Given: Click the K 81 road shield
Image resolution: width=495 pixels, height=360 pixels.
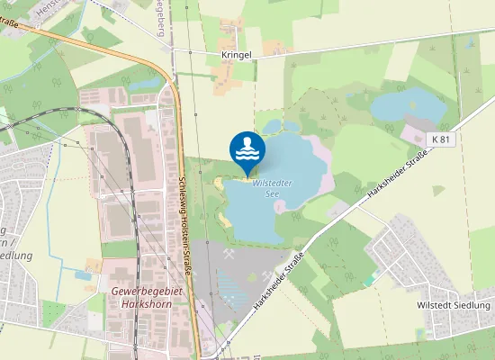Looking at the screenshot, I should coord(439,139).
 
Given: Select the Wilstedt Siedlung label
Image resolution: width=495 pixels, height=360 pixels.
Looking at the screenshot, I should coord(454,305).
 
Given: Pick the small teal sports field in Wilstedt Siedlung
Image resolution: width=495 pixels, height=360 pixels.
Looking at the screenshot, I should coord(371,281).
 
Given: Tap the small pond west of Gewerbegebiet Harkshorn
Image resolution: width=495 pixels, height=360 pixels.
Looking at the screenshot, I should coord(92,265).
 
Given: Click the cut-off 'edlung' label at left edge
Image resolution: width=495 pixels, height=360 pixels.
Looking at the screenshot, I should coord(18,255).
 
